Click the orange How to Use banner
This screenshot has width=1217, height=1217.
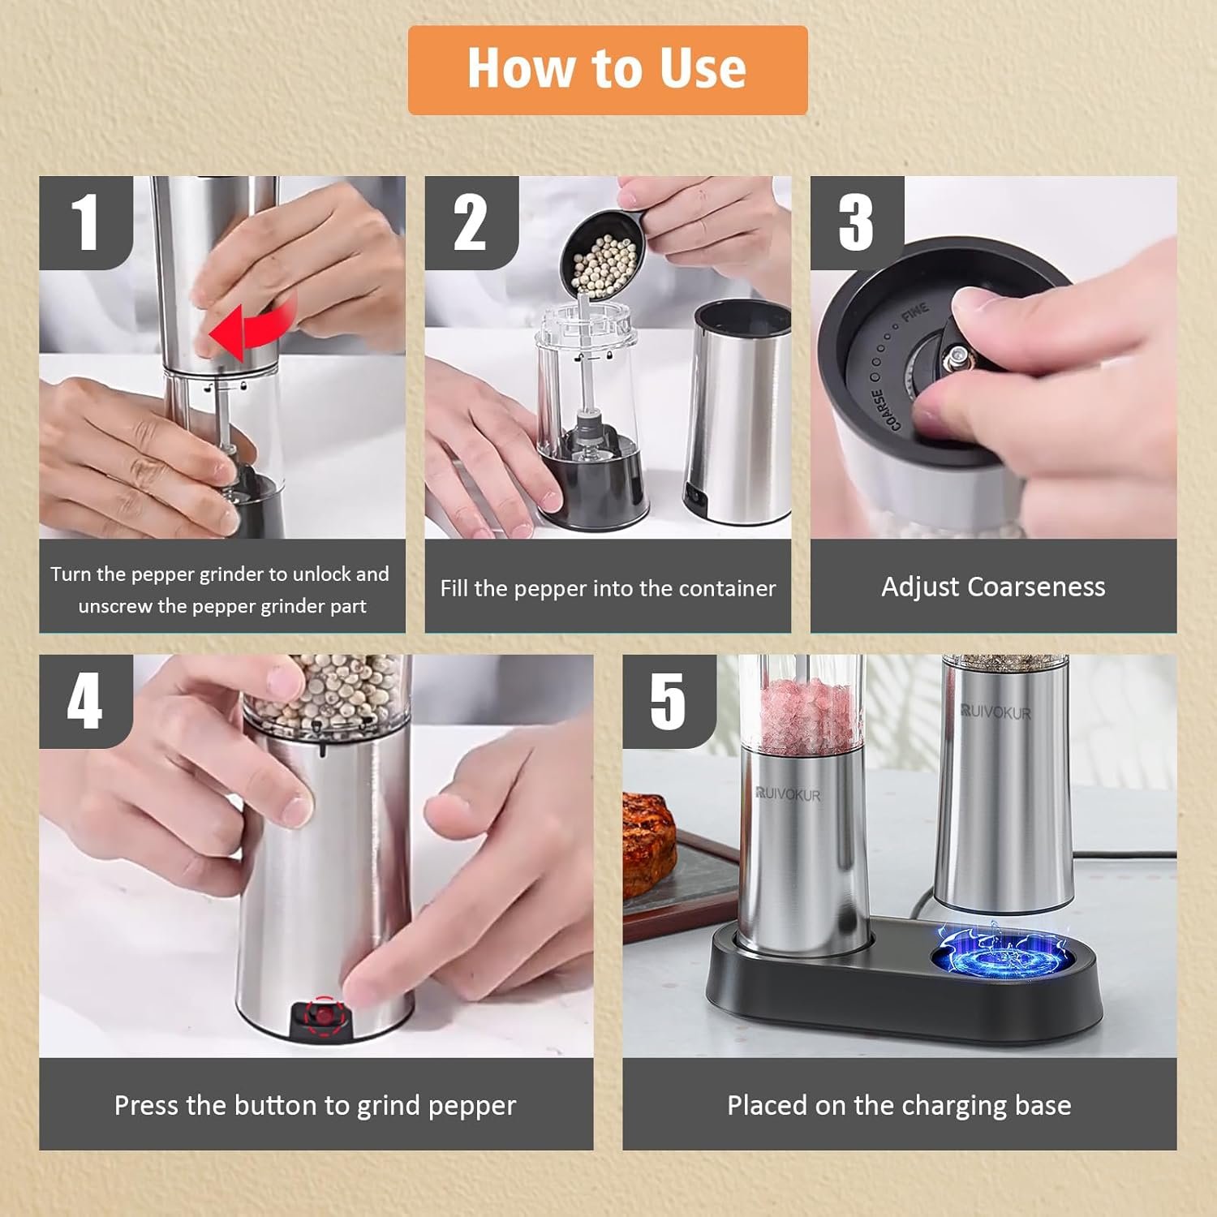coord(608,70)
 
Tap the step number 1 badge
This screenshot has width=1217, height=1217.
coord(86,222)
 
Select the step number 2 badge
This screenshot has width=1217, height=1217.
coord(471,222)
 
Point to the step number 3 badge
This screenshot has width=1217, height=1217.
coord(857,222)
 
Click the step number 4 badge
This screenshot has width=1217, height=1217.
coord(86,701)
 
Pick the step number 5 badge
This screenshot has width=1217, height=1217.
coord(669,701)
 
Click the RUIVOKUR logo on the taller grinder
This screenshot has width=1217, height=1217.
coord(996,712)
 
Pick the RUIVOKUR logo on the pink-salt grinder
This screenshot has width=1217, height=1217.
coord(787,793)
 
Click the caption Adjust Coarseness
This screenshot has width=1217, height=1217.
coord(993,587)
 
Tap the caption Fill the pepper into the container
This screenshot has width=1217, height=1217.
coord(608,588)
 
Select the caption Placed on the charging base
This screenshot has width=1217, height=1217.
coord(899,1105)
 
